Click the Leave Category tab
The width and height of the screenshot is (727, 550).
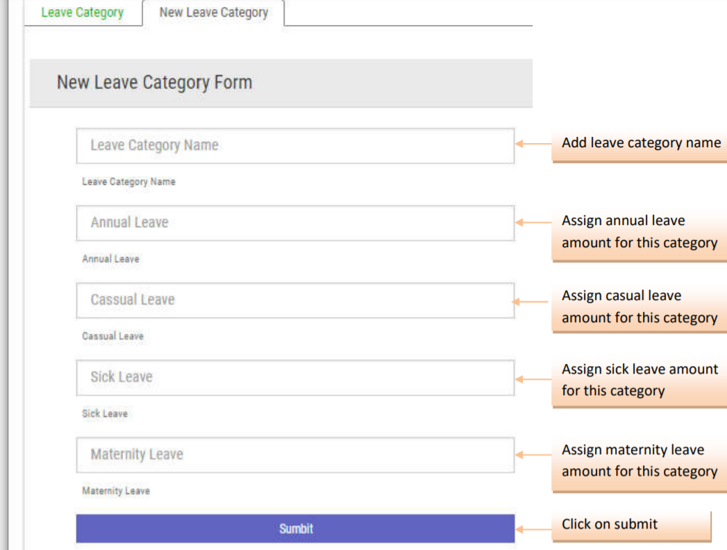click(x=82, y=13)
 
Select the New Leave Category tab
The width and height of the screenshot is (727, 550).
click(x=213, y=13)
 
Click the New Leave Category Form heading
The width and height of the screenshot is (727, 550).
click(x=154, y=83)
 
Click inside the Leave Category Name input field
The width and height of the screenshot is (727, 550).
click(x=295, y=146)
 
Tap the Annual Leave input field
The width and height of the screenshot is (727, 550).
click(x=295, y=223)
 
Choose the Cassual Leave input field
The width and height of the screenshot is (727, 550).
click(x=295, y=300)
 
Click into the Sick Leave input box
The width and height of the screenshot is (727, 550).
click(x=295, y=377)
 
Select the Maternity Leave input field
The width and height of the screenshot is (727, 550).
click(x=295, y=455)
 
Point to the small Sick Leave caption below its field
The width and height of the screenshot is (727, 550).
click(x=105, y=414)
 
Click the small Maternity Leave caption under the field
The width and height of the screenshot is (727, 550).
click(x=116, y=491)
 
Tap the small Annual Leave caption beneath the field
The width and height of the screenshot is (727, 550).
click(x=111, y=259)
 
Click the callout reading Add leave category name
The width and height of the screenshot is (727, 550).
click(x=640, y=144)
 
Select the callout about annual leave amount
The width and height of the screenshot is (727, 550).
click(x=639, y=232)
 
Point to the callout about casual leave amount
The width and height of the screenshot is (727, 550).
click(x=639, y=307)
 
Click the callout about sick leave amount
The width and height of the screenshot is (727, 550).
click(x=639, y=381)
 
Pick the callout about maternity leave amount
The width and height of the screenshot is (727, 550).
click(x=639, y=460)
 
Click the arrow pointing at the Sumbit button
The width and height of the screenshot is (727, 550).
click(x=533, y=529)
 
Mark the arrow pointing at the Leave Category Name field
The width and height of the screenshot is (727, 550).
click(x=533, y=144)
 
